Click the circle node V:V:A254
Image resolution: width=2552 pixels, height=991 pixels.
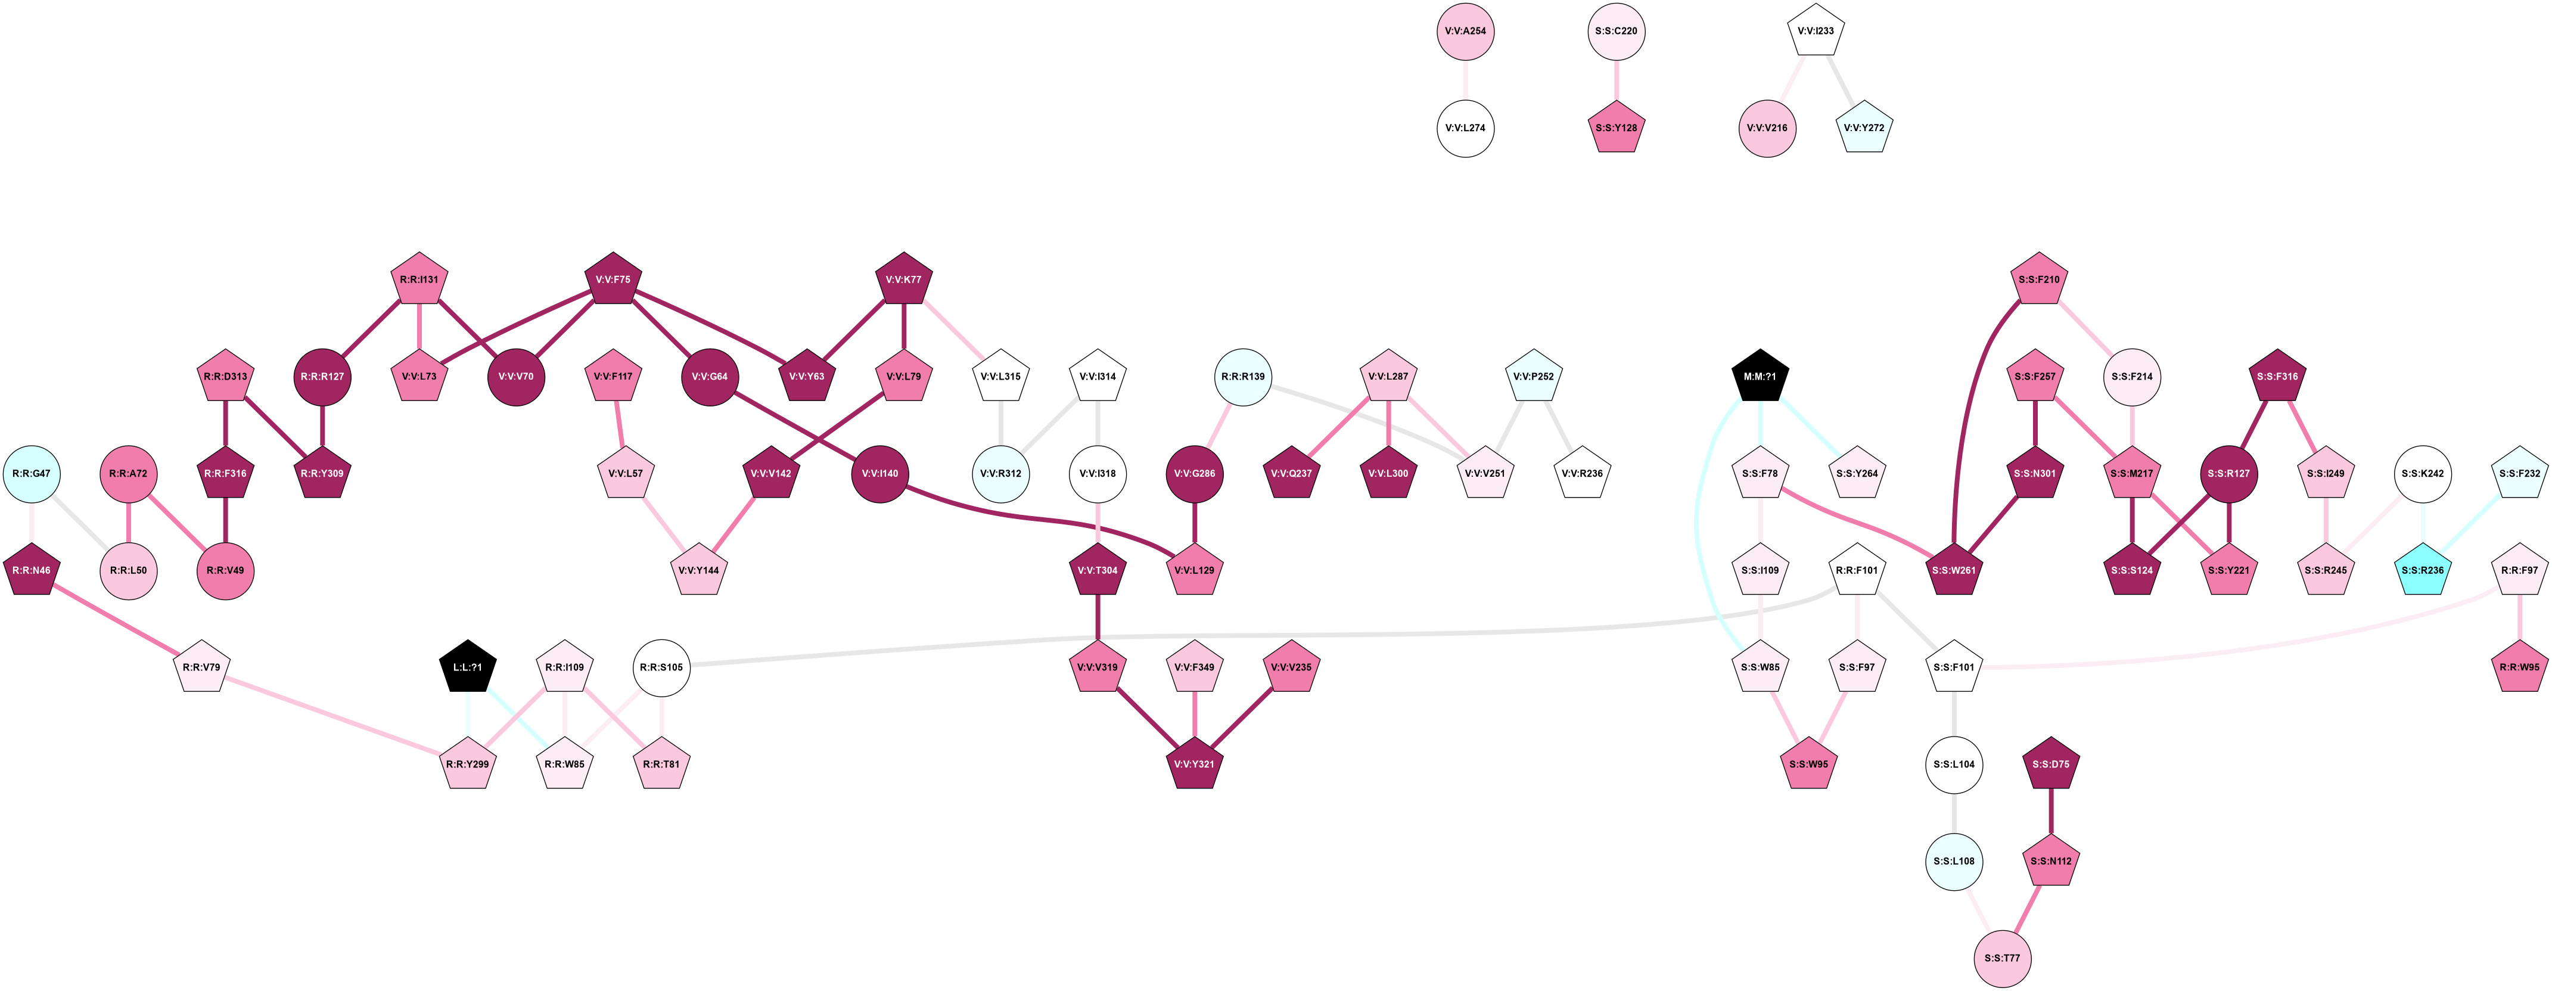click(x=1465, y=32)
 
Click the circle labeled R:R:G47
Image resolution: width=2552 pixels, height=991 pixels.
click(x=32, y=474)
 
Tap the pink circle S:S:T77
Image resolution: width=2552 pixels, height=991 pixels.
click(x=2002, y=958)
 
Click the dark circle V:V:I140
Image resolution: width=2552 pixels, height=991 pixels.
click(x=879, y=474)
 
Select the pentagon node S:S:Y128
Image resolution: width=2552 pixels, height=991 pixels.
click(x=1616, y=128)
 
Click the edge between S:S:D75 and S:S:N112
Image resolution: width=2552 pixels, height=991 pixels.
click(x=2051, y=813)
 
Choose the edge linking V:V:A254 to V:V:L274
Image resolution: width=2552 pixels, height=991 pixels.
click(x=1465, y=79)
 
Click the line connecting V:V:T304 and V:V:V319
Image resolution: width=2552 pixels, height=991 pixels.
click(x=1098, y=619)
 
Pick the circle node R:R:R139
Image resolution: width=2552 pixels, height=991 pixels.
click(x=1242, y=377)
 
